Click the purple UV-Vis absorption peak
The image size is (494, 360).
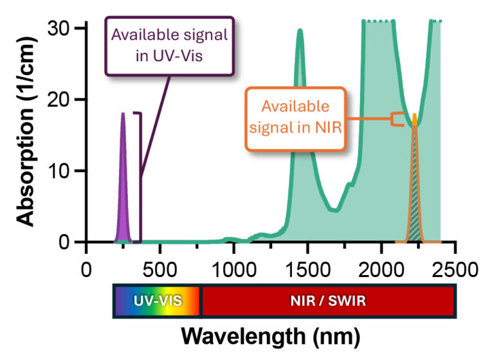(123, 193)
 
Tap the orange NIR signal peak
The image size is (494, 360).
(415, 193)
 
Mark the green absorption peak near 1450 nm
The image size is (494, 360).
(300, 39)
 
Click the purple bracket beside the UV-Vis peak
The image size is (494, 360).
(139, 174)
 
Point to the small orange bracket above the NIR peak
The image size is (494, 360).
(399, 120)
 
